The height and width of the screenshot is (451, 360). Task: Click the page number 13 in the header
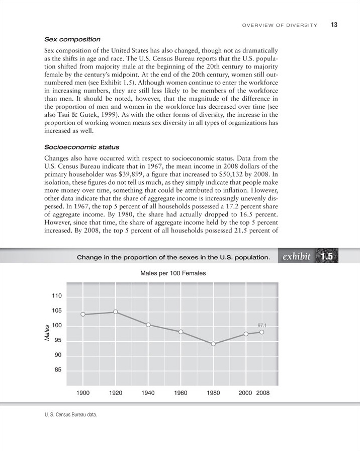coord(334,24)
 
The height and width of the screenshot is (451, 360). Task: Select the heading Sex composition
coord(73,39)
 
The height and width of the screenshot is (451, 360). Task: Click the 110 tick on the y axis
coord(56,296)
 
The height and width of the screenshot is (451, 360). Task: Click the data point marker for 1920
coord(115,312)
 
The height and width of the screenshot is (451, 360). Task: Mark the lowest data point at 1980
coord(213,344)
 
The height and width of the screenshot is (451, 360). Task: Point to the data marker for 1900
coord(82,315)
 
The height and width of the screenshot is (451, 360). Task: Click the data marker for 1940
coord(148,325)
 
